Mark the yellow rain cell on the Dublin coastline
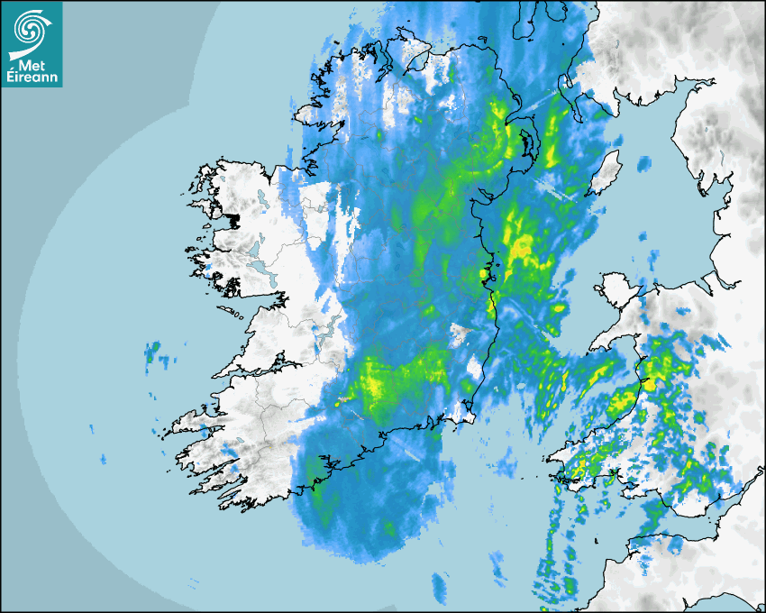[x=484, y=273]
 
